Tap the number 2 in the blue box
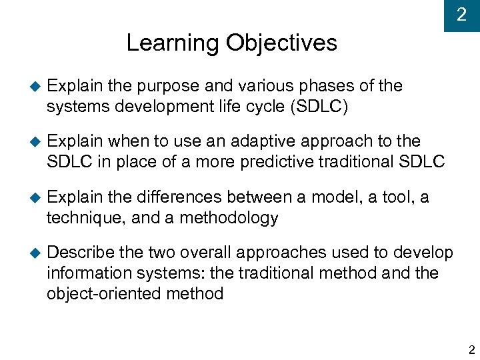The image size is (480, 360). (461, 15)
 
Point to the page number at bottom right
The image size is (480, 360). (471, 349)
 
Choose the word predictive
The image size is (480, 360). (299, 162)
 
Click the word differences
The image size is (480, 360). (179, 197)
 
